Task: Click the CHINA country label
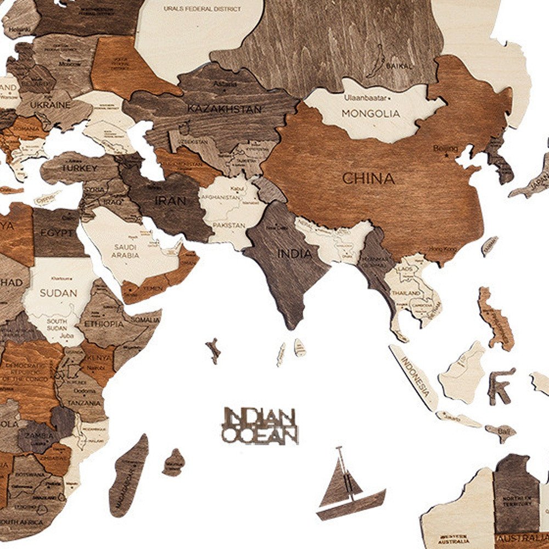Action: pos(368,178)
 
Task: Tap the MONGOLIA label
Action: pos(371,114)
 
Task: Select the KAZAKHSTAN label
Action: pos(225,109)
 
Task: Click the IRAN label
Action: pos(170,201)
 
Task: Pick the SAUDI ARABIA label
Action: pos(126,251)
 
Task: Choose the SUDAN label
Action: pos(58,293)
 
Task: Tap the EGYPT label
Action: pos(57,233)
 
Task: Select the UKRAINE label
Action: pos(50,104)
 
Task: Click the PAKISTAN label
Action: pos(229,225)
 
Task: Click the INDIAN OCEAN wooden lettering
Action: pos(260,425)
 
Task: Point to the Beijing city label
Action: pos(445,148)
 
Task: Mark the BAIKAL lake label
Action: pos(399,66)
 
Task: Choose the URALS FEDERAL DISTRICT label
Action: pos(203,9)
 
